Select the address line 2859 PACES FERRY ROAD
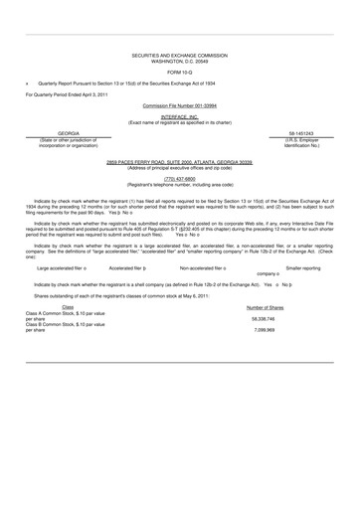coord(180,160)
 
